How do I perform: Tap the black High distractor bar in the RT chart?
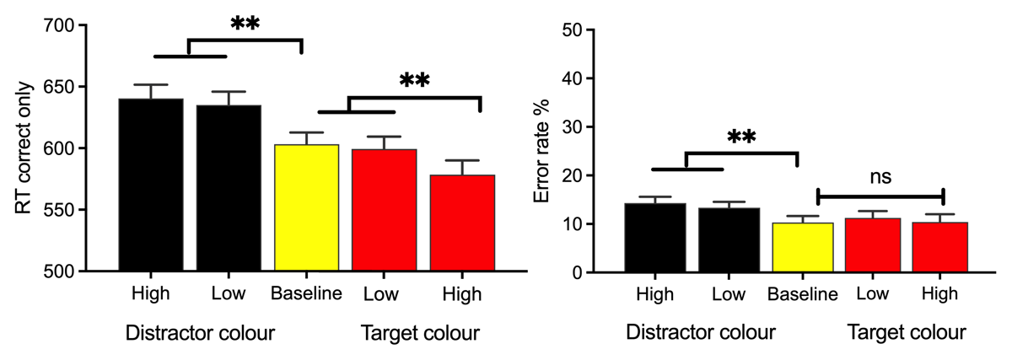pyautogui.click(x=151, y=185)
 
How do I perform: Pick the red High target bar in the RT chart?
pyautogui.click(x=463, y=223)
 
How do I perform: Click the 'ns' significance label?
pyautogui.click(x=880, y=178)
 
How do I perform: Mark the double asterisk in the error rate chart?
pyautogui.click(x=740, y=138)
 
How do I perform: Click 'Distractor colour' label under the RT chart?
pyautogui.click(x=200, y=332)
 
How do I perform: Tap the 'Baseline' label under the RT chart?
pyautogui.click(x=307, y=294)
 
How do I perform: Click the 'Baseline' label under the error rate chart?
pyautogui.click(x=802, y=294)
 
